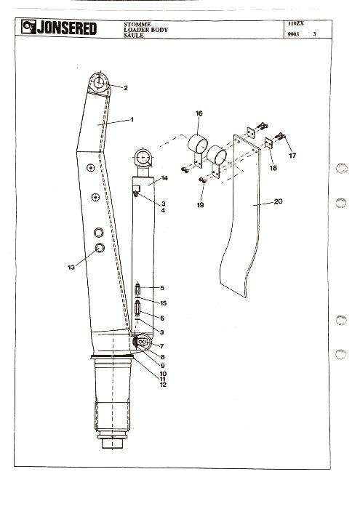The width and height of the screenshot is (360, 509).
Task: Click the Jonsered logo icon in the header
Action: tap(28, 27)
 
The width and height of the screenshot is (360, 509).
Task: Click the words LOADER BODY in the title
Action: tap(145, 30)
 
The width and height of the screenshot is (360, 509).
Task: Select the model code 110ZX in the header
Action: tap(296, 23)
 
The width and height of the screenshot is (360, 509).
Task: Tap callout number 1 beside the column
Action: tap(132, 119)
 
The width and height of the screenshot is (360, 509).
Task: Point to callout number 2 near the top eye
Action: tap(126, 88)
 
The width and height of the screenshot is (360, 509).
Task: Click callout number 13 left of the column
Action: tap(71, 267)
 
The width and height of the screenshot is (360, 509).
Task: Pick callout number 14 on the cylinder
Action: tap(164, 178)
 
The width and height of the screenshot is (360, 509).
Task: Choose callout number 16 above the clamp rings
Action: tap(199, 113)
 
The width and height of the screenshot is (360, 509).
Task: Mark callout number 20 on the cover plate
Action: tap(279, 201)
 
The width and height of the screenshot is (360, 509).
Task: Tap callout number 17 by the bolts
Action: tap(292, 156)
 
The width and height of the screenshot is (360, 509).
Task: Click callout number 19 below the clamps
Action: tap(200, 205)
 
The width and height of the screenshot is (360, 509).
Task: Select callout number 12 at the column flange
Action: tap(163, 385)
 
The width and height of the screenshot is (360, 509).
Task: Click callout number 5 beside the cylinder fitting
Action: tap(162, 288)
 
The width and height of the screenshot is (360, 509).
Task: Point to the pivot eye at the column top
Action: tap(99, 83)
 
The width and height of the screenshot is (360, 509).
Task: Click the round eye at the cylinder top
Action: tap(143, 158)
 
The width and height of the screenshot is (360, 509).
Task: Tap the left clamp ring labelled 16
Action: tap(197, 145)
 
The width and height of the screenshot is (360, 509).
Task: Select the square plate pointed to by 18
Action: tap(268, 143)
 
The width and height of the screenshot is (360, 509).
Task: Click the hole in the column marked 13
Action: tap(100, 248)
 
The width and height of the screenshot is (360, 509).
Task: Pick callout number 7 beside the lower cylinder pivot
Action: tap(161, 346)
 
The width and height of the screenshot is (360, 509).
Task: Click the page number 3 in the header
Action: tap(314, 33)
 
